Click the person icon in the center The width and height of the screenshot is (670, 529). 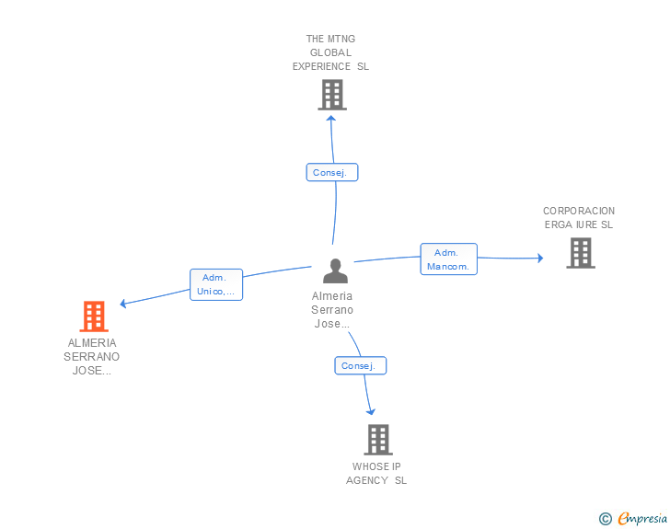pos(335,270)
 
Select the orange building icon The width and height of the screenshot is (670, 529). pos(94,316)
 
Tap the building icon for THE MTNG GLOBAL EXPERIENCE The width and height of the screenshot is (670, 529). pos(332,95)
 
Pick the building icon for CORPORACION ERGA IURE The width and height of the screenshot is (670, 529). pos(581,253)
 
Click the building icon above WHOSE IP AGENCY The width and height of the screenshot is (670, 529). pos(378,439)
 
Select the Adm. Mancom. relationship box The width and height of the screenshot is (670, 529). pos(449,259)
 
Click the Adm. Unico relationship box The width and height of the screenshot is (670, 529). pos(216,284)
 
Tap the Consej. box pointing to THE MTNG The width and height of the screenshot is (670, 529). pos(332,172)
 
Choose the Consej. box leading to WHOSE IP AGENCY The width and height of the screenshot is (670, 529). pos(360,365)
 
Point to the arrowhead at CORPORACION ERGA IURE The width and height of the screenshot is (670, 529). pos(540,258)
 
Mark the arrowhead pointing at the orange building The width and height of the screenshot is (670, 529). pos(123,304)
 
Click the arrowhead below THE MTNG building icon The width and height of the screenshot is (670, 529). pos(330,118)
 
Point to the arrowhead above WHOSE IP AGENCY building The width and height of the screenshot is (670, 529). pos(371,412)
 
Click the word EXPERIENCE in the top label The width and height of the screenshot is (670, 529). pos(321,66)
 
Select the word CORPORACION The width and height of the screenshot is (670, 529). pos(579,211)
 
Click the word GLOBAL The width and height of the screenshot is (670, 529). pos(330,52)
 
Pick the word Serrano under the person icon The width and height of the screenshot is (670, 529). pos(332,310)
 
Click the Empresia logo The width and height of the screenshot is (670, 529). pos(642,518)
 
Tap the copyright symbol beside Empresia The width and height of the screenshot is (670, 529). pos(606,519)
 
